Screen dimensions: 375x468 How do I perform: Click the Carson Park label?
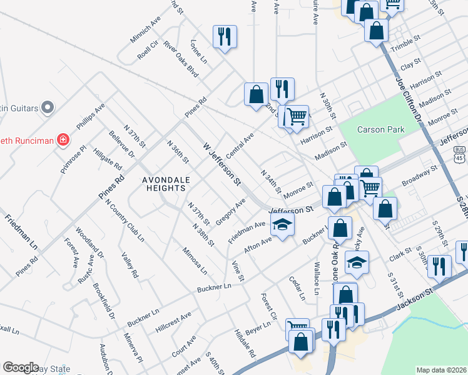point(380,129)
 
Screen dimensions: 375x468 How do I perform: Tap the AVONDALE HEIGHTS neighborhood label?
point(166,186)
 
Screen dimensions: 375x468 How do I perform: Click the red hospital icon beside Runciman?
point(63,140)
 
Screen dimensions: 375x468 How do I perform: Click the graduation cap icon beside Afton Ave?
point(283,226)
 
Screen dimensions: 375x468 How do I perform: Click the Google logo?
point(21,367)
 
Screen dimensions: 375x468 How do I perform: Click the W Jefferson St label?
point(222,164)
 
